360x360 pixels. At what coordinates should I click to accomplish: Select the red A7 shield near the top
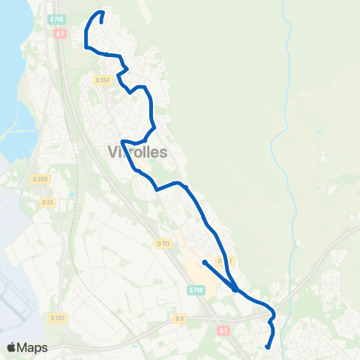[x=60, y=34]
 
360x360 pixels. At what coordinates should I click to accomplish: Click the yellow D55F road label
[x=103, y=79]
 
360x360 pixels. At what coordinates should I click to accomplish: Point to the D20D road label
[x=40, y=178]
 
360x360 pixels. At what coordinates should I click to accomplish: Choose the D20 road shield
[x=49, y=202]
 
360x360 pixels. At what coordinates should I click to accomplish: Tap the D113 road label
[x=164, y=243]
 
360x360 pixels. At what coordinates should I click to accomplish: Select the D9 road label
[x=180, y=318]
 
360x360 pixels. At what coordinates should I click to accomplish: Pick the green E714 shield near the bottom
[x=196, y=289]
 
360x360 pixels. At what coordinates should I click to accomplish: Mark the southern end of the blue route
[x=268, y=346]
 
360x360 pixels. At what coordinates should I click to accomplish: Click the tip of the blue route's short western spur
[x=204, y=262]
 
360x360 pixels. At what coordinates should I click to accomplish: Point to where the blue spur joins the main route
[x=235, y=288]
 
